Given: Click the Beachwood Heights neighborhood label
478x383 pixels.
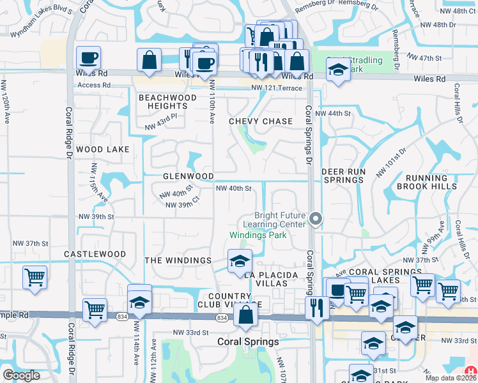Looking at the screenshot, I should tap(167, 101).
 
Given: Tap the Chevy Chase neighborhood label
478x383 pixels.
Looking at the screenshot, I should tap(261, 121).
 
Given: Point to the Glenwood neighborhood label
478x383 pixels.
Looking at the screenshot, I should tap(188, 176).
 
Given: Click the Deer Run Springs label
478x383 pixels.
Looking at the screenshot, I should tap(343, 176).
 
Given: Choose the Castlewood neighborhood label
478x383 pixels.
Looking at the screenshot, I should tap(95, 254).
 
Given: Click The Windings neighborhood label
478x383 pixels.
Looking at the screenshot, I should tap(178, 260).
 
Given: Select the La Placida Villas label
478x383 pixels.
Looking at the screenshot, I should tap(272, 279).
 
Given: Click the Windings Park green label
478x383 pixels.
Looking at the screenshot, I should tap(258, 235).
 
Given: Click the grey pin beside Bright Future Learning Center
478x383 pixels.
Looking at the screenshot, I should tap(315, 219).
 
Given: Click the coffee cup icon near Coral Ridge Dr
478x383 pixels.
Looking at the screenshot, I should tap(88, 58).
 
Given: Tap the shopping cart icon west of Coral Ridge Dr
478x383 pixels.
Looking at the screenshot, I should tap(35, 277).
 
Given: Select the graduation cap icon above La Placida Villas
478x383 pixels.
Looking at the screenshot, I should tap(240, 261).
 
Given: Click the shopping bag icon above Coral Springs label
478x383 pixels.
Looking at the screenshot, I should tap(245, 314).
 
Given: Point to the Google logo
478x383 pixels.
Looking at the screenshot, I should tap(21, 375).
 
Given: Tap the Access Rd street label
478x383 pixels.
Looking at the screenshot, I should tap(94, 85).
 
